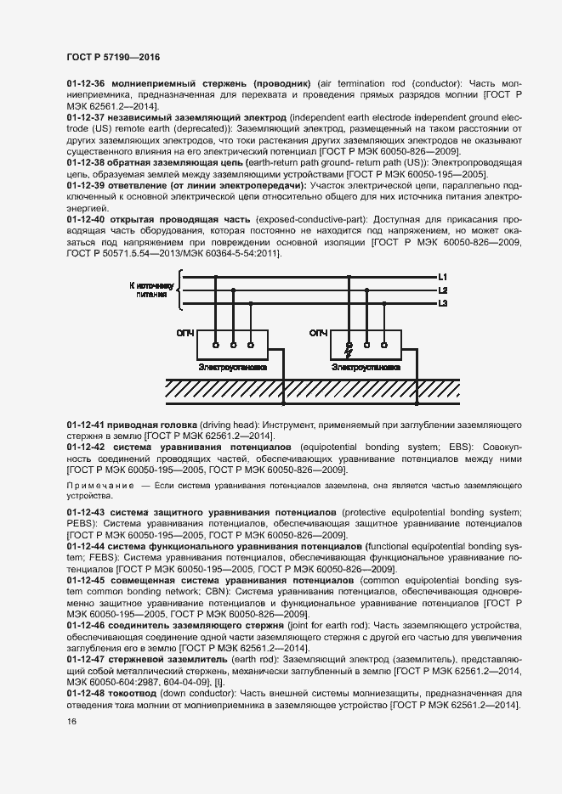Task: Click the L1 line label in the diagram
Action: coord(442,278)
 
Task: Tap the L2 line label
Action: coord(442,290)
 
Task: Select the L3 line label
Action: coord(442,303)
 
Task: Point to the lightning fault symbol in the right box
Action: coord(347,346)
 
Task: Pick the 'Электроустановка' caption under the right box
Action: coord(366,369)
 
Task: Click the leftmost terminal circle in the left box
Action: coord(214,346)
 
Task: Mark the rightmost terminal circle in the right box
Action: coord(384,346)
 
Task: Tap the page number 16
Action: coord(71,722)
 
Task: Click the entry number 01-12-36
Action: coord(85,83)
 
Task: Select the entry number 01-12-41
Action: coord(85,424)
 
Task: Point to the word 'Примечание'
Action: coord(101,484)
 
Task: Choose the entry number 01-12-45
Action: coord(85,580)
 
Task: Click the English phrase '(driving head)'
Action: coord(229,424)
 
